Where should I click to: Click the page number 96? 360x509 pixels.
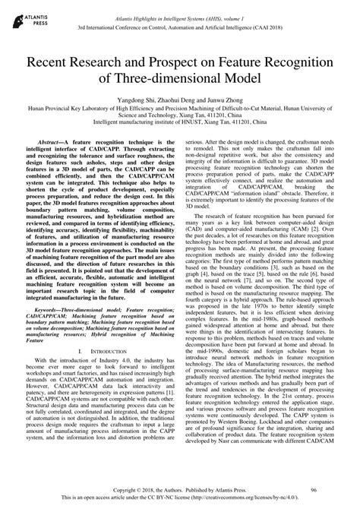click(x=325, y=491)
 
